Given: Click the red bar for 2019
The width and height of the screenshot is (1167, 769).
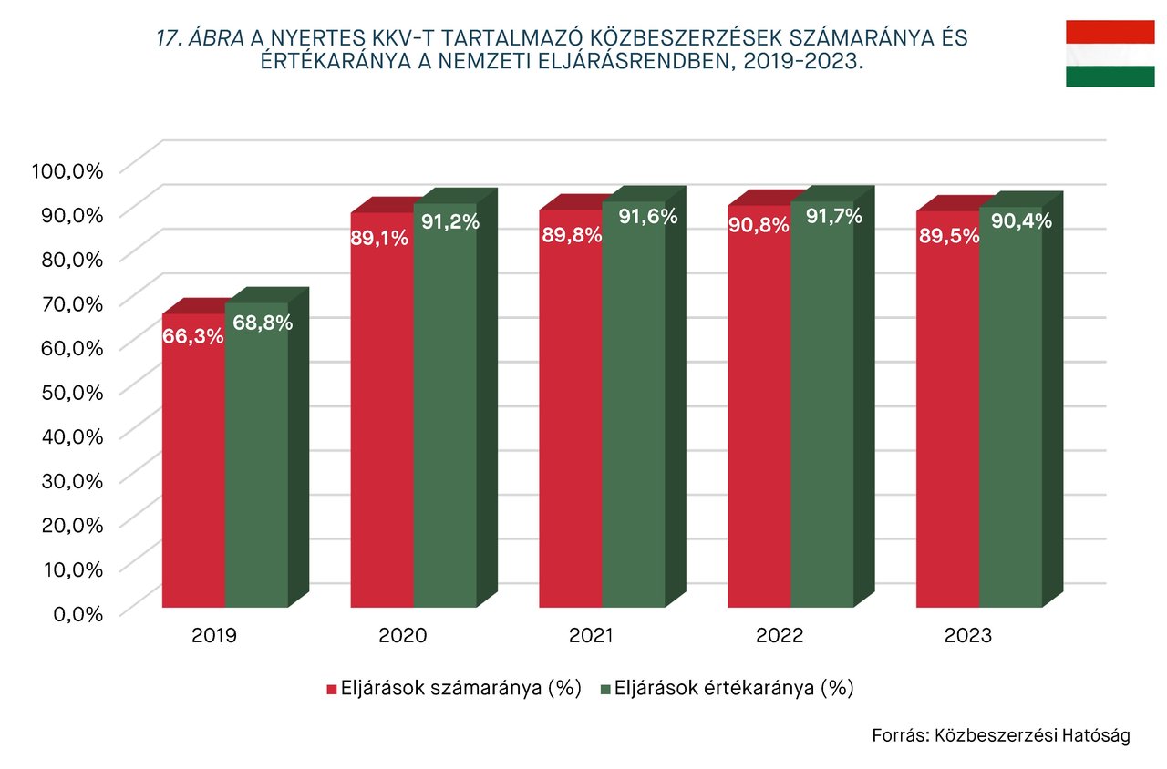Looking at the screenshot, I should point(194,474).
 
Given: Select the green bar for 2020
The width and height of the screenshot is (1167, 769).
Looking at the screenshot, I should point(445,419).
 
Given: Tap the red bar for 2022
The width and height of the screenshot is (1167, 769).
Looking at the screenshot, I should point(759,419).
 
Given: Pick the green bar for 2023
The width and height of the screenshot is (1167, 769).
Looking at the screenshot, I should point(1010,419).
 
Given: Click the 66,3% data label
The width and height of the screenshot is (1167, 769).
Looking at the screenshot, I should point(193,336).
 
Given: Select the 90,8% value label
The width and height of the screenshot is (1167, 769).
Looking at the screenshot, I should point(759,225).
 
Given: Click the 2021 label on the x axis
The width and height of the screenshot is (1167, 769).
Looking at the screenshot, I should point(591,636).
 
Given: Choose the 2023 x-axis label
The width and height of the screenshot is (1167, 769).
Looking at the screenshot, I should point(968,636).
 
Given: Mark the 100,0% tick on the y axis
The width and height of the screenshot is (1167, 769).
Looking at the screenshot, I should point(67,169).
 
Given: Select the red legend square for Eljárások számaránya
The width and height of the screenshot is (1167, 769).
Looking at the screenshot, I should point(332,689).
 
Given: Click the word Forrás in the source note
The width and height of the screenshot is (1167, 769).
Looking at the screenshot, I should point(899,735).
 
